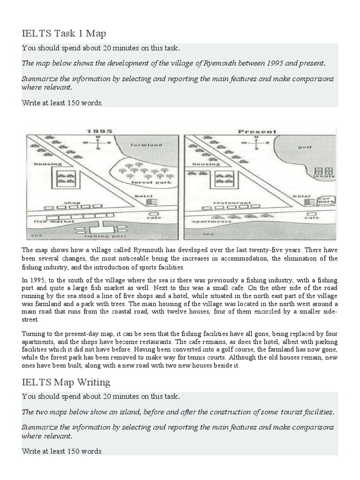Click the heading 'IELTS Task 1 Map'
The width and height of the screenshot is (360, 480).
click(x=64, y=33)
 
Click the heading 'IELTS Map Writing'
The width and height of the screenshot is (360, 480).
click(x=66, y=382)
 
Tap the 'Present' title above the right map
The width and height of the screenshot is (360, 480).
click(x=257, y=132)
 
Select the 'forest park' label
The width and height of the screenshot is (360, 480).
click(x=144, y=182)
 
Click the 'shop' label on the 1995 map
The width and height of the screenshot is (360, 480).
click(x=72, y=203)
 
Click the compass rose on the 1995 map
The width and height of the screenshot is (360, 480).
click(x=97, y=142)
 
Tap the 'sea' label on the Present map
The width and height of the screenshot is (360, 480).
click(x=205, y=233)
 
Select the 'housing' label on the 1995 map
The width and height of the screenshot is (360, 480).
click(x=48, y=164)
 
